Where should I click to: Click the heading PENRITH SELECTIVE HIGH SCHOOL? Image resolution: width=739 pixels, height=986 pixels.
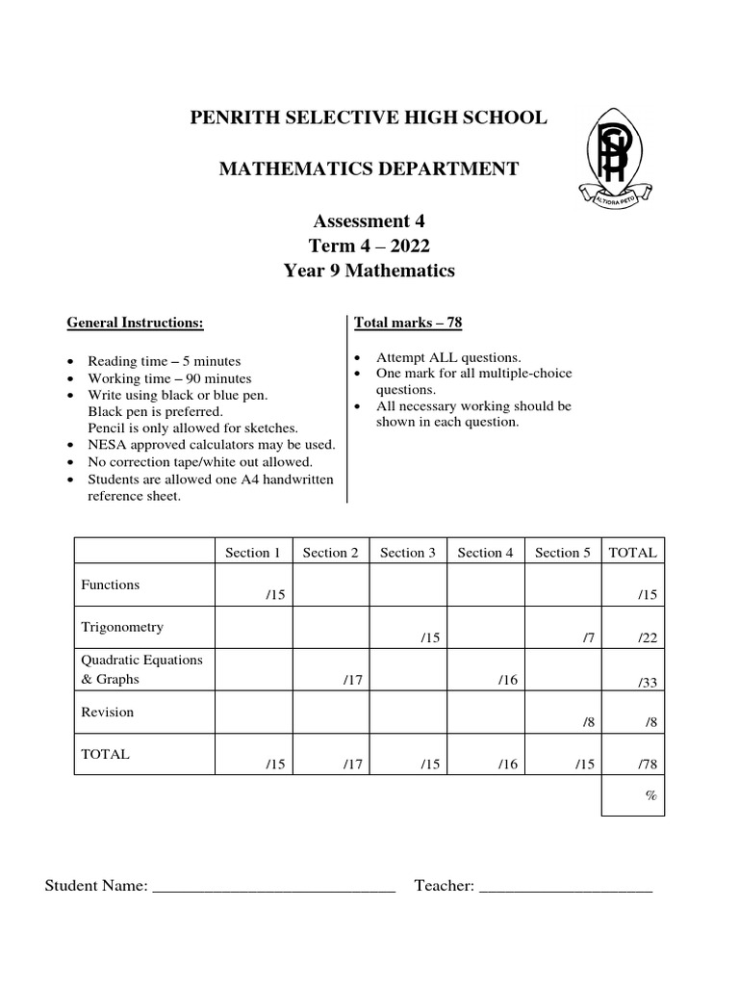point(369,118)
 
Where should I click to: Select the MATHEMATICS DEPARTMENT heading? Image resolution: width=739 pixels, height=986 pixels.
point(369,169)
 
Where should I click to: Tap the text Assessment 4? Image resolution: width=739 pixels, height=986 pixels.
point(369,221)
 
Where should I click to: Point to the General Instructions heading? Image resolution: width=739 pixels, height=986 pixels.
point(135,323)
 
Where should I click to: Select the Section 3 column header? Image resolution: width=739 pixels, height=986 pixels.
point(408,553)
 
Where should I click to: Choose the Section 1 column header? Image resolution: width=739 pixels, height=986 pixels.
point(253,553)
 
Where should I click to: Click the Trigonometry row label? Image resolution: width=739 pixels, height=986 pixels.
point(122,628)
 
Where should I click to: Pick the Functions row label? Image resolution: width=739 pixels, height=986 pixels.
point(111,584)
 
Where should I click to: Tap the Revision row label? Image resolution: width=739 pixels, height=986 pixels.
point(108,713)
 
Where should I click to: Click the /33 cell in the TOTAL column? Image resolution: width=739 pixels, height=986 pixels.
point(646,682)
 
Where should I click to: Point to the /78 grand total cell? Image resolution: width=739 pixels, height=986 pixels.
point(646,765)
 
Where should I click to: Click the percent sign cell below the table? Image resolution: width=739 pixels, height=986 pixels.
point(650,796)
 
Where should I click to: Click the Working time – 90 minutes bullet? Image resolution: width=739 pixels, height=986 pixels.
point(169,378)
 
